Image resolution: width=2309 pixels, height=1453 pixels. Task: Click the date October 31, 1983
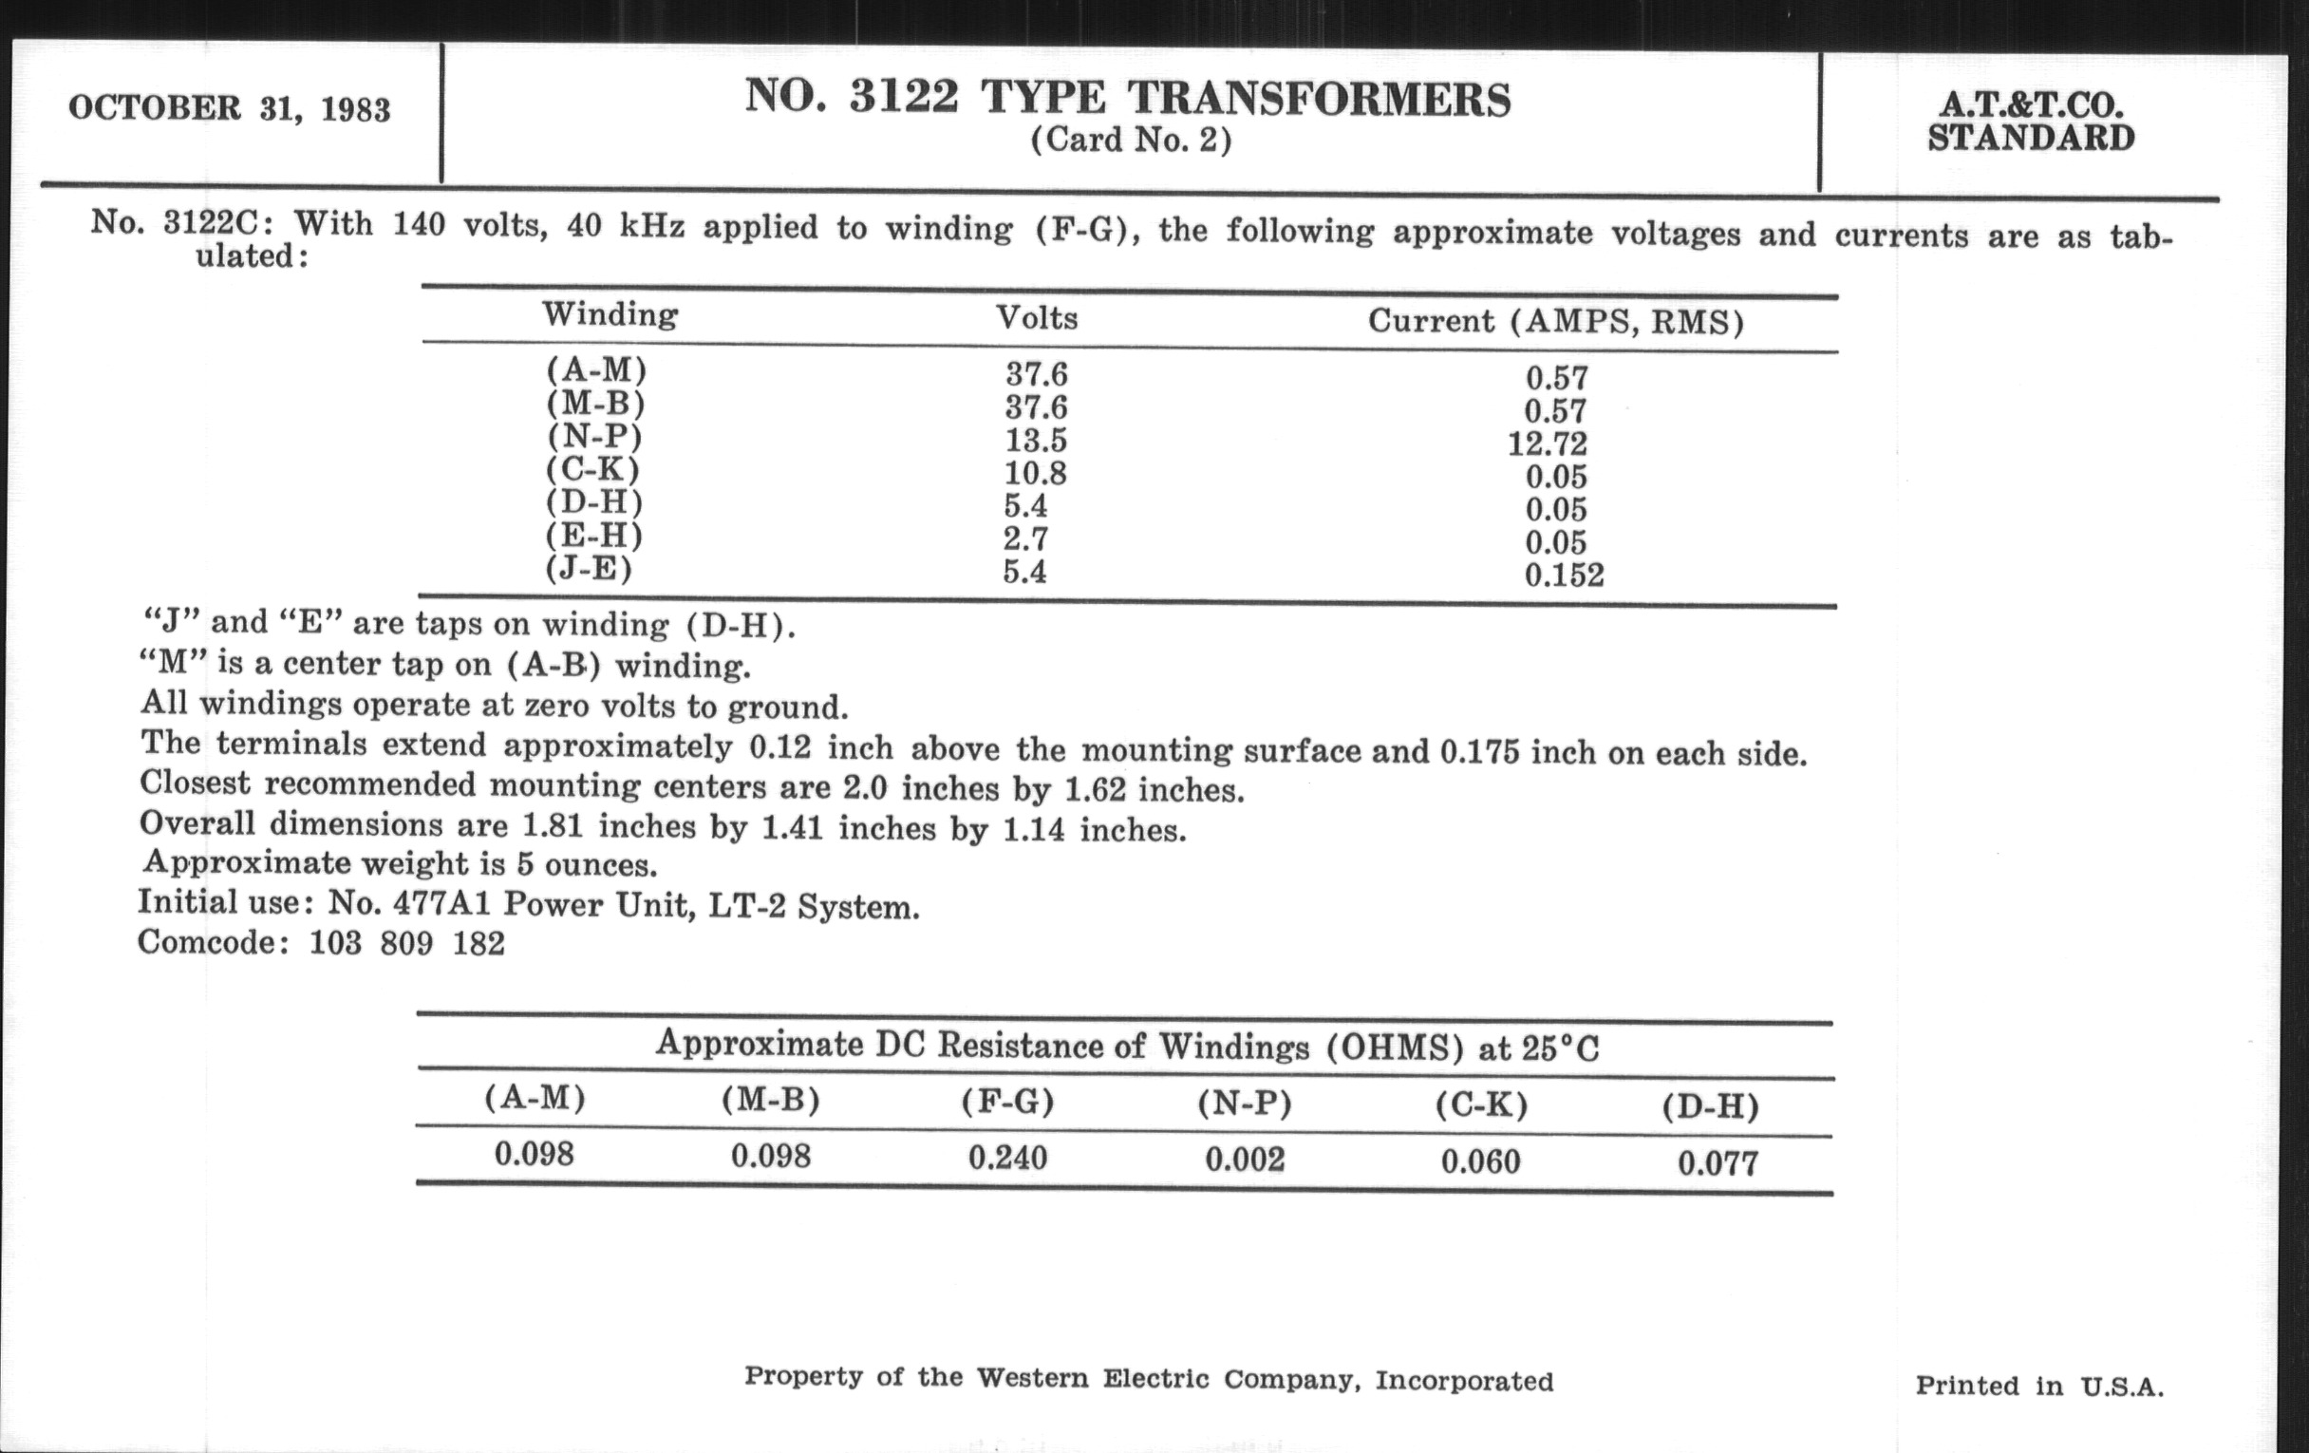[229, 108]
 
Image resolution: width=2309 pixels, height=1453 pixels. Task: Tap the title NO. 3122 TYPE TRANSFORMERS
[1128, 99]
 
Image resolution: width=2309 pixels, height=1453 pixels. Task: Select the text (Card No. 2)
[1131, 141]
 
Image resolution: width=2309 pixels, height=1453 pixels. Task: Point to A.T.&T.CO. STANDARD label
[2030, 123]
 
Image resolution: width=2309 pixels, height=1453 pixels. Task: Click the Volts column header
[1037, 317]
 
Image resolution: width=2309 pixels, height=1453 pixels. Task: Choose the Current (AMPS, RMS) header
[1554, 321]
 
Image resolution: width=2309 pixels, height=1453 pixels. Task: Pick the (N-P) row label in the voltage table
[594, 437]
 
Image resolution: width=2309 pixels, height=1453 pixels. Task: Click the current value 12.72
[1548, 444]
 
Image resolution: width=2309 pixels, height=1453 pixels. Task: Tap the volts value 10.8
[1036, 473]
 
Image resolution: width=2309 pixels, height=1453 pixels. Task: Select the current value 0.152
[1564, 576]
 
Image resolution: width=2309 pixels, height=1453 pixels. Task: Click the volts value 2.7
[1025, 539]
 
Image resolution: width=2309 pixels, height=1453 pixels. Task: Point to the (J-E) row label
[589, 570]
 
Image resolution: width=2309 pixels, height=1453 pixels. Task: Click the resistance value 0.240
[1006, 1158]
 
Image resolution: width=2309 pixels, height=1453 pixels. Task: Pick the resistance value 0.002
[1245, 1160]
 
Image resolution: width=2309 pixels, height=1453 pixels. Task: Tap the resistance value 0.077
[1718, 1164]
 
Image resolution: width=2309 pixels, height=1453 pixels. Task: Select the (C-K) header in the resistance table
[1480, 1105]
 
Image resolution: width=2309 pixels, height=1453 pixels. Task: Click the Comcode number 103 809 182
[406, 944]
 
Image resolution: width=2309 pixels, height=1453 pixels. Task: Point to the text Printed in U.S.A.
[2038, 1386]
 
